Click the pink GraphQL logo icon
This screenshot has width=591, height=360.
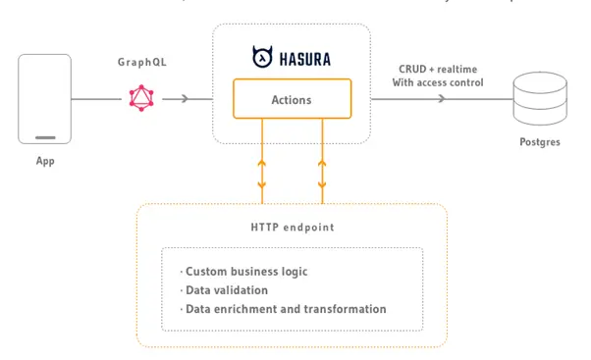(141, 98)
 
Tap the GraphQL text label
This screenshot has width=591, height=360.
(141, 61)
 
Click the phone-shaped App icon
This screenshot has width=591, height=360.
(44, 98)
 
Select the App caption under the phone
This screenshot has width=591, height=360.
(44, 161)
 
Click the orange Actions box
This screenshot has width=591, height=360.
(292, 99)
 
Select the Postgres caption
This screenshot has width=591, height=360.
(540, 142)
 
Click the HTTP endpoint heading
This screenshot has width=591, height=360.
(292, 227)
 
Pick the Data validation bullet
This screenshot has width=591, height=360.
(227, 289)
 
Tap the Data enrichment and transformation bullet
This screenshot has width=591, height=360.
(284, 309)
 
